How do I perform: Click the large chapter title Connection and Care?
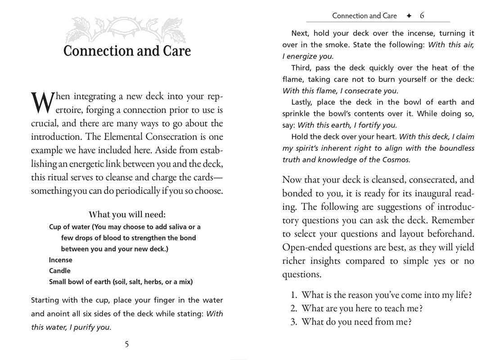(127, 51)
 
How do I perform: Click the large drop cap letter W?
(42, 103)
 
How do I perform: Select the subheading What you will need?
(127, 215)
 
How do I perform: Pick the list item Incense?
(61, 260)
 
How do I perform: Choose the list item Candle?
(60, 271)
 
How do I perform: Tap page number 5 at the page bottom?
(126, 344)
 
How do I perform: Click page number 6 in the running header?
(422, 16)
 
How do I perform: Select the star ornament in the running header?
(409, 16)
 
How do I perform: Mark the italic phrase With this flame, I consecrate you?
(340, 91)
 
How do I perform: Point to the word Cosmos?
(395, 160)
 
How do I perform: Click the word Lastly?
(303, 102)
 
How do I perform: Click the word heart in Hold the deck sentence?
(385, 136)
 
